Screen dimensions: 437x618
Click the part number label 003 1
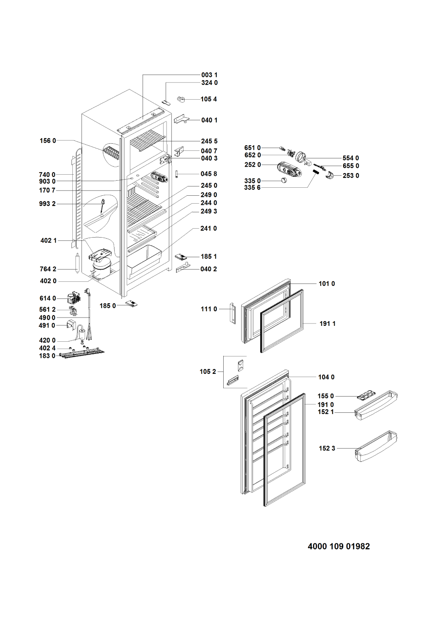pos(209,75)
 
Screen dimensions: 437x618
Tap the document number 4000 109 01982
pos(339,546)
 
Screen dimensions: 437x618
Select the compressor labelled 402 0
pos(101,267)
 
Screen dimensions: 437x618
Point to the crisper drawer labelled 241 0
pos(144,259)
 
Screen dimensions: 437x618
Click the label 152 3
pos(327,449)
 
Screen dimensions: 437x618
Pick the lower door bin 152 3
pos(376,446)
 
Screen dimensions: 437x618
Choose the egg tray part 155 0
pos(365,396)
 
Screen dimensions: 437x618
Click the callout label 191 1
pos(327,323)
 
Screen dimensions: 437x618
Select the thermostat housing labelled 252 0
pos(290,169)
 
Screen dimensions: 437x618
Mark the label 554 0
pos(351,158)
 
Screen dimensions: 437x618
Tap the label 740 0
pos(47,175)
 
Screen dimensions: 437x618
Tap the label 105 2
pos(208,372)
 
